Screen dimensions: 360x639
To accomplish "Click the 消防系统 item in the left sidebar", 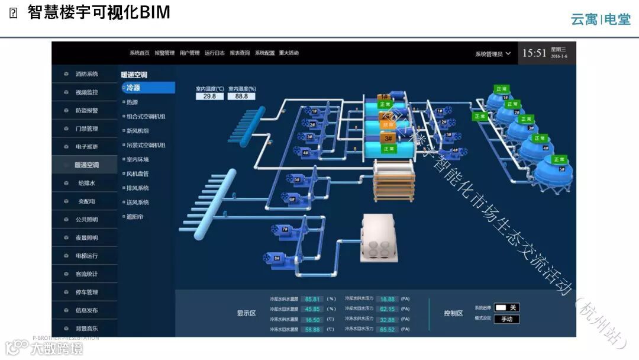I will [86, 74].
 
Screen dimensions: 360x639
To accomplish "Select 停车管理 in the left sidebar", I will [87, 292].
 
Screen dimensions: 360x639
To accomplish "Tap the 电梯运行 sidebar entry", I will [87, 256].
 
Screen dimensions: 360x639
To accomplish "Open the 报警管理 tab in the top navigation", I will [164, 53].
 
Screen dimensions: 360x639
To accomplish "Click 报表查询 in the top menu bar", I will [240, 53].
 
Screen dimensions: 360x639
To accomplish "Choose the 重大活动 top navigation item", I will [289, 53].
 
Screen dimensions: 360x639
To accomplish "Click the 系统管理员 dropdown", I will [493, 54].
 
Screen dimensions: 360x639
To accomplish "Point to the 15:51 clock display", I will [534, 53].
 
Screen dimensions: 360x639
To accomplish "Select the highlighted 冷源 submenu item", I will [148, 88].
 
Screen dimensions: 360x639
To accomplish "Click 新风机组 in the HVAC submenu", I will [138, 131].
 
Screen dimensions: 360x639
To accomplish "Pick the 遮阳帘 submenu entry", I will [134, 217].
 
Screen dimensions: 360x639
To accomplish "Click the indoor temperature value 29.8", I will [209, 97].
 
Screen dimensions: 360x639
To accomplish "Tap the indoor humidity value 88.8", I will [241, 97].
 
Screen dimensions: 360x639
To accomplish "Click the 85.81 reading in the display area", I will [312, 300].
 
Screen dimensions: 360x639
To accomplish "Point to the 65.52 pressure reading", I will [387, 329].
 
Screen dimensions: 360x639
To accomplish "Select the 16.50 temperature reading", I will [312, 320].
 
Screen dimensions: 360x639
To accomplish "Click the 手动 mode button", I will [507, 319].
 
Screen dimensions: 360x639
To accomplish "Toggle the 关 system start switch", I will [507, 307].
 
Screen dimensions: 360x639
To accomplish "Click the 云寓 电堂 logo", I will [600, 20].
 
